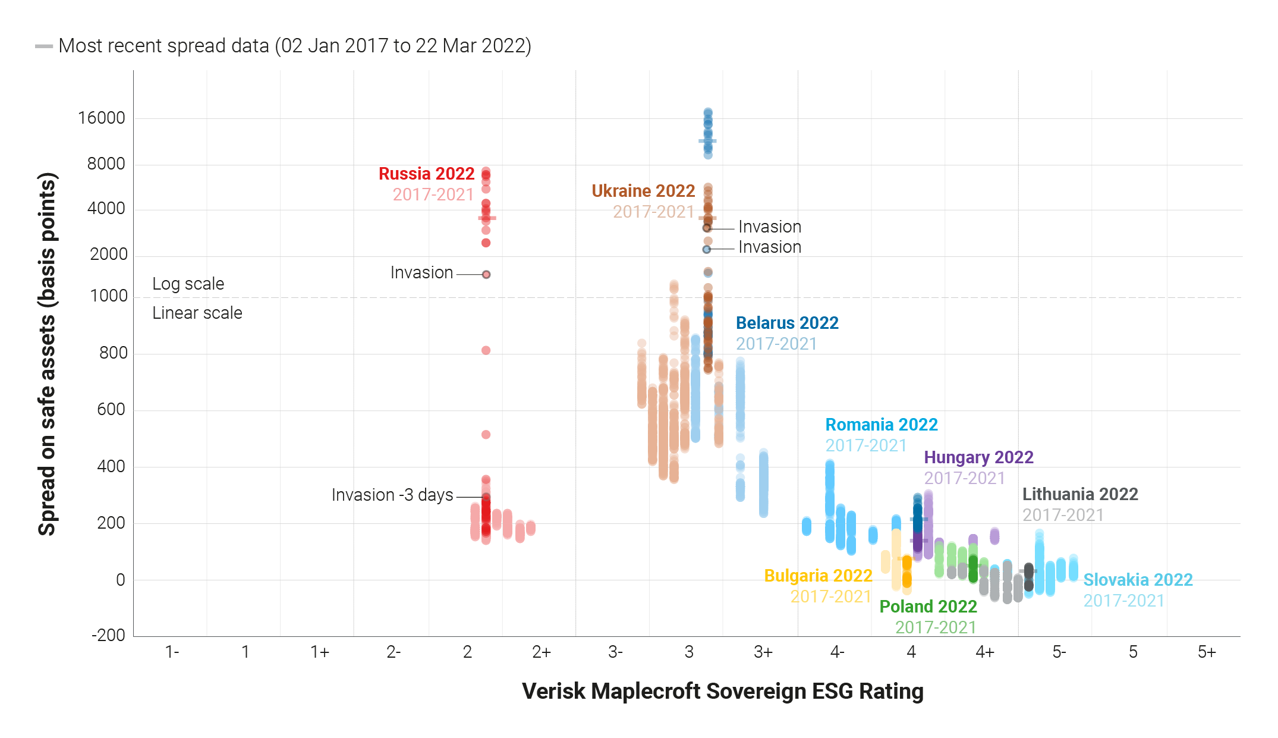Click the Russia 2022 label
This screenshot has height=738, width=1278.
[426, 174]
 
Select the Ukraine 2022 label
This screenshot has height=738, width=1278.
[643, 191]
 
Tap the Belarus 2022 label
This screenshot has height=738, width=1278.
[787, 323]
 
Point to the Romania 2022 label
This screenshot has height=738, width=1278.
[882, 425]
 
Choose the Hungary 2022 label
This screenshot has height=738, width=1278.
[978, 457]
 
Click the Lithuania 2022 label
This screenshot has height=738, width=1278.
[1080, 494]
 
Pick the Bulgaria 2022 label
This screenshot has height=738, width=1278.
[818, 576]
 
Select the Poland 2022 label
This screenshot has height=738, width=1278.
[928, 607]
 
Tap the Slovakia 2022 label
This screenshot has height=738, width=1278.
[1138, 580]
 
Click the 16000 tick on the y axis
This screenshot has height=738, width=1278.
[102, 118]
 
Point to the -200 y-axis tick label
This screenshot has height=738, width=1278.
[108, 635]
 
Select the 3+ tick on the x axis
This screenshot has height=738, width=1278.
[763, 652]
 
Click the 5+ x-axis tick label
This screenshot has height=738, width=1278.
[1207, 652]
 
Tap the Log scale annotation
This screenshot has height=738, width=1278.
[188, 284]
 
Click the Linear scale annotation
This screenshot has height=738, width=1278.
[197, 313]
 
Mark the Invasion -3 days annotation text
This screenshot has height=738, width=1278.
[392, 495]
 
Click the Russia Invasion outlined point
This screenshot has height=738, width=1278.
[486, 274]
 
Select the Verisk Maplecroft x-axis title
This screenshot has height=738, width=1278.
[722, 692]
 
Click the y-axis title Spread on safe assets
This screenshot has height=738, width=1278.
[47, 354]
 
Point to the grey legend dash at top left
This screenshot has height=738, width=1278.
[44, 46]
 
